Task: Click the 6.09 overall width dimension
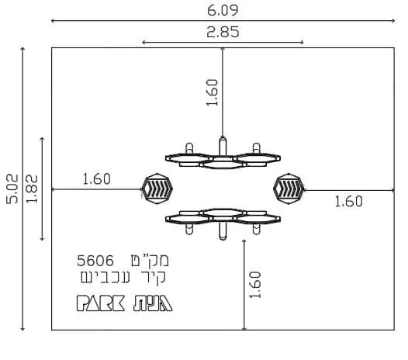point(223,11)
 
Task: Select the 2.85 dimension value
point(223,33)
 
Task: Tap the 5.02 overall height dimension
point(12,189)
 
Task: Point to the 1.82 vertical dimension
point(33,189)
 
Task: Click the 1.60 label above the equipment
point(212,92)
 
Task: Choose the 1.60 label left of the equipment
point(96,179)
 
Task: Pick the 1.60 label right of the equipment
point(349,202)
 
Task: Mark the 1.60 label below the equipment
point(255,285)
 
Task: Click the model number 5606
point(95,261)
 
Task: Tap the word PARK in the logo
point(100,303)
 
